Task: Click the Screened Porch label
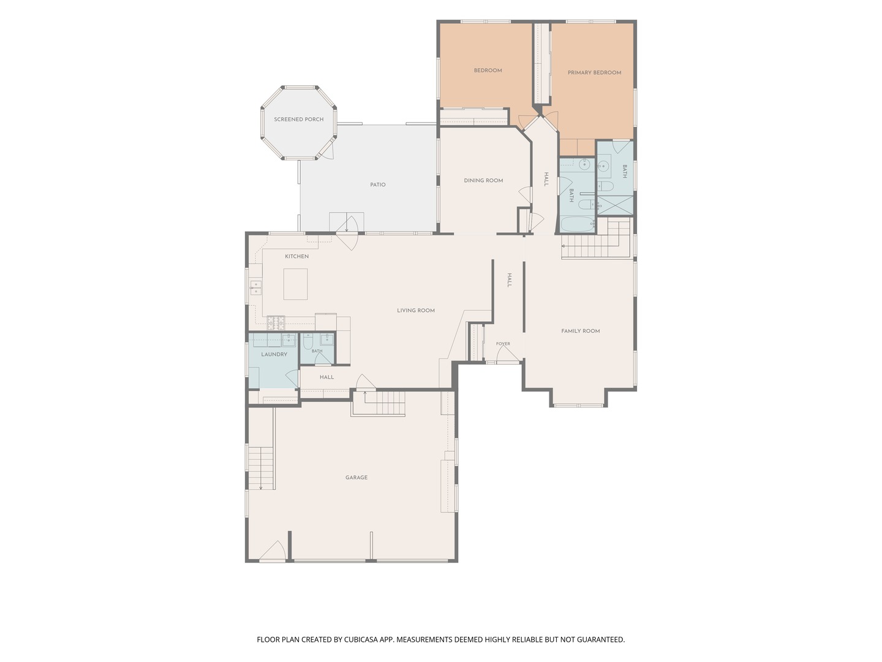tap(298, 120)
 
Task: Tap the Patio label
tap(378, 185)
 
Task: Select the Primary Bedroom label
tap(594, 73)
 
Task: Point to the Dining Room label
tap(483, 180)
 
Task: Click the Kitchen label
tap(297, 256)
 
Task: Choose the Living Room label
tap(416, 310)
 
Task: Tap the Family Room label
tap(581, 331)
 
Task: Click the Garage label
tap(356, 477)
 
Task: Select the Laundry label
tap(274, 354)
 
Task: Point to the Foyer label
tap(503, 344)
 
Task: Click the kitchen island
tap(295, 284)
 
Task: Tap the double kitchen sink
tap(255, 287)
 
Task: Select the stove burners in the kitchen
tap(276, 321)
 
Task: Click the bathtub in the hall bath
tap(577, 224)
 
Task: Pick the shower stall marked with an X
tap(615, 205)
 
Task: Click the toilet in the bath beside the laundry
tap(308, 341)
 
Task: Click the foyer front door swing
tap(508, 354)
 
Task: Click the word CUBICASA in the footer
tap(360, 639)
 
